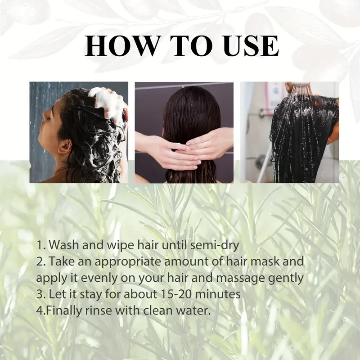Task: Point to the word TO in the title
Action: click(186, 46)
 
